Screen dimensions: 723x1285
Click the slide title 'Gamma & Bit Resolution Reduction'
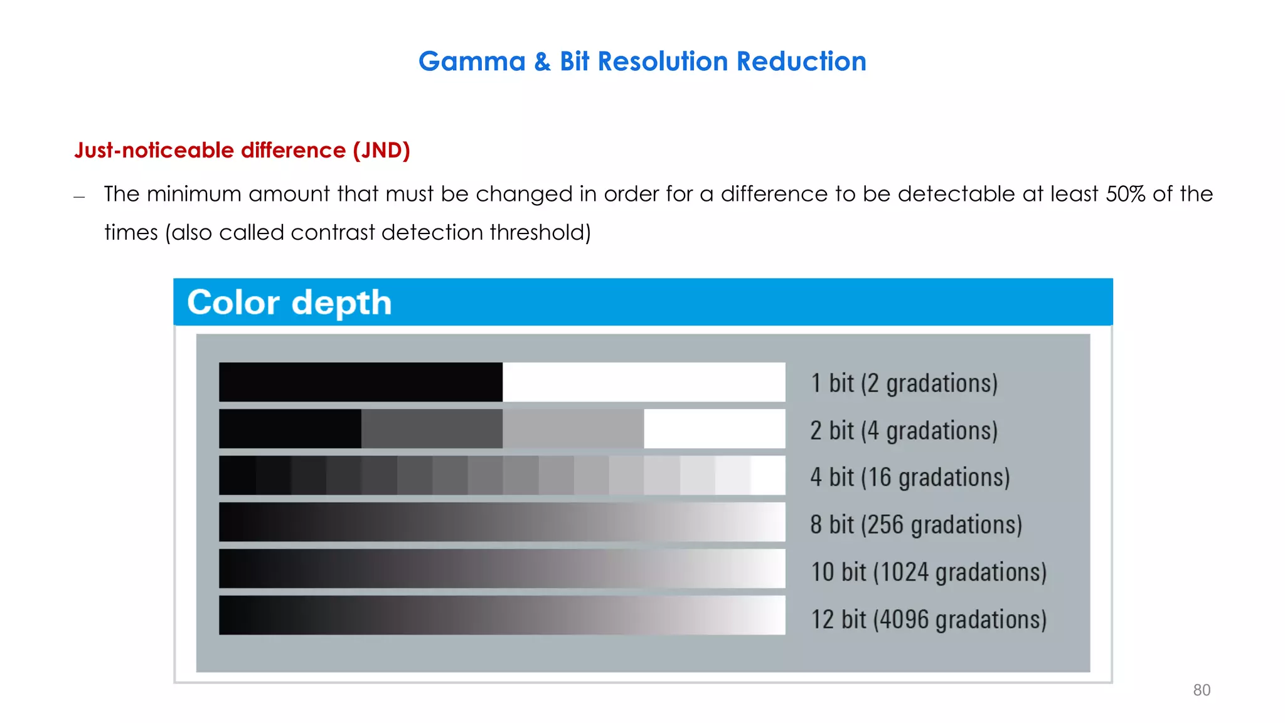(x=642, y=62)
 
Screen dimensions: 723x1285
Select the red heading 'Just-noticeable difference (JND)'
(x=242, y=151)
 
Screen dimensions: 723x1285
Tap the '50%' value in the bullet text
(x=1125, y=194)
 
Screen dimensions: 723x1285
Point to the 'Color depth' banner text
(x=289, y=303)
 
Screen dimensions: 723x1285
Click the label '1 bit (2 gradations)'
(x=904, y=383)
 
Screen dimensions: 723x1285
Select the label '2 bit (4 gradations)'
(x=904, y=431)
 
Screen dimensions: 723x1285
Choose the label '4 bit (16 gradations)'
(x=910, y=478)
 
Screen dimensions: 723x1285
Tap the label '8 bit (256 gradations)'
(x=916, y=525)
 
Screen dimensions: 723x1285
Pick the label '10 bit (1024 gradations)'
(x=929, y=572)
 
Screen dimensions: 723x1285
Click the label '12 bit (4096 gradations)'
(x=929, y=619)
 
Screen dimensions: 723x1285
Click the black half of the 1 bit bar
(x=361, y=382)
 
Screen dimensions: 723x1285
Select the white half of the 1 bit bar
(x=644, y=382)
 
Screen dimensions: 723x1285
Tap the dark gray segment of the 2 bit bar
(x=432, y=429)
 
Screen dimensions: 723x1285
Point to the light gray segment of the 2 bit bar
(x=573, y=429)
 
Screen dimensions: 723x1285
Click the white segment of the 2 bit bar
(x=714, y=429)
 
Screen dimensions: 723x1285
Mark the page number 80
(x=1202, y=690)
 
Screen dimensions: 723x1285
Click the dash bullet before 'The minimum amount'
(x=79, y=197)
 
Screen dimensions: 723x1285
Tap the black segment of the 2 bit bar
(x=290, y=429)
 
